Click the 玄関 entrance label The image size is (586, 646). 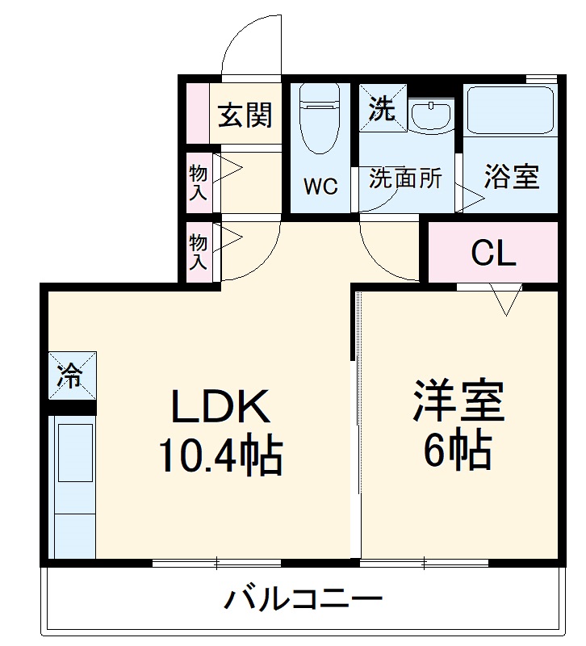click(245, 115)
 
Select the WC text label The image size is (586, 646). click(320, 186)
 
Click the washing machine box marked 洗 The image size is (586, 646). click(381, 108)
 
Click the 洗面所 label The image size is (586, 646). click(405, 178)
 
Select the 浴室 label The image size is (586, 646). click(511, 177)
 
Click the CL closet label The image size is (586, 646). click(492, 254)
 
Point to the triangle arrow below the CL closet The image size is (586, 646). click(507, 301)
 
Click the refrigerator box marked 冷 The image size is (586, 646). click(71, 375)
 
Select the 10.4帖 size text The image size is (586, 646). click(219, 458)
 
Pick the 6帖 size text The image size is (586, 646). click(458, 453)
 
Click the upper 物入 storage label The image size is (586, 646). click(199, 182)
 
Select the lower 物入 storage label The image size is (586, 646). click(199, 251)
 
